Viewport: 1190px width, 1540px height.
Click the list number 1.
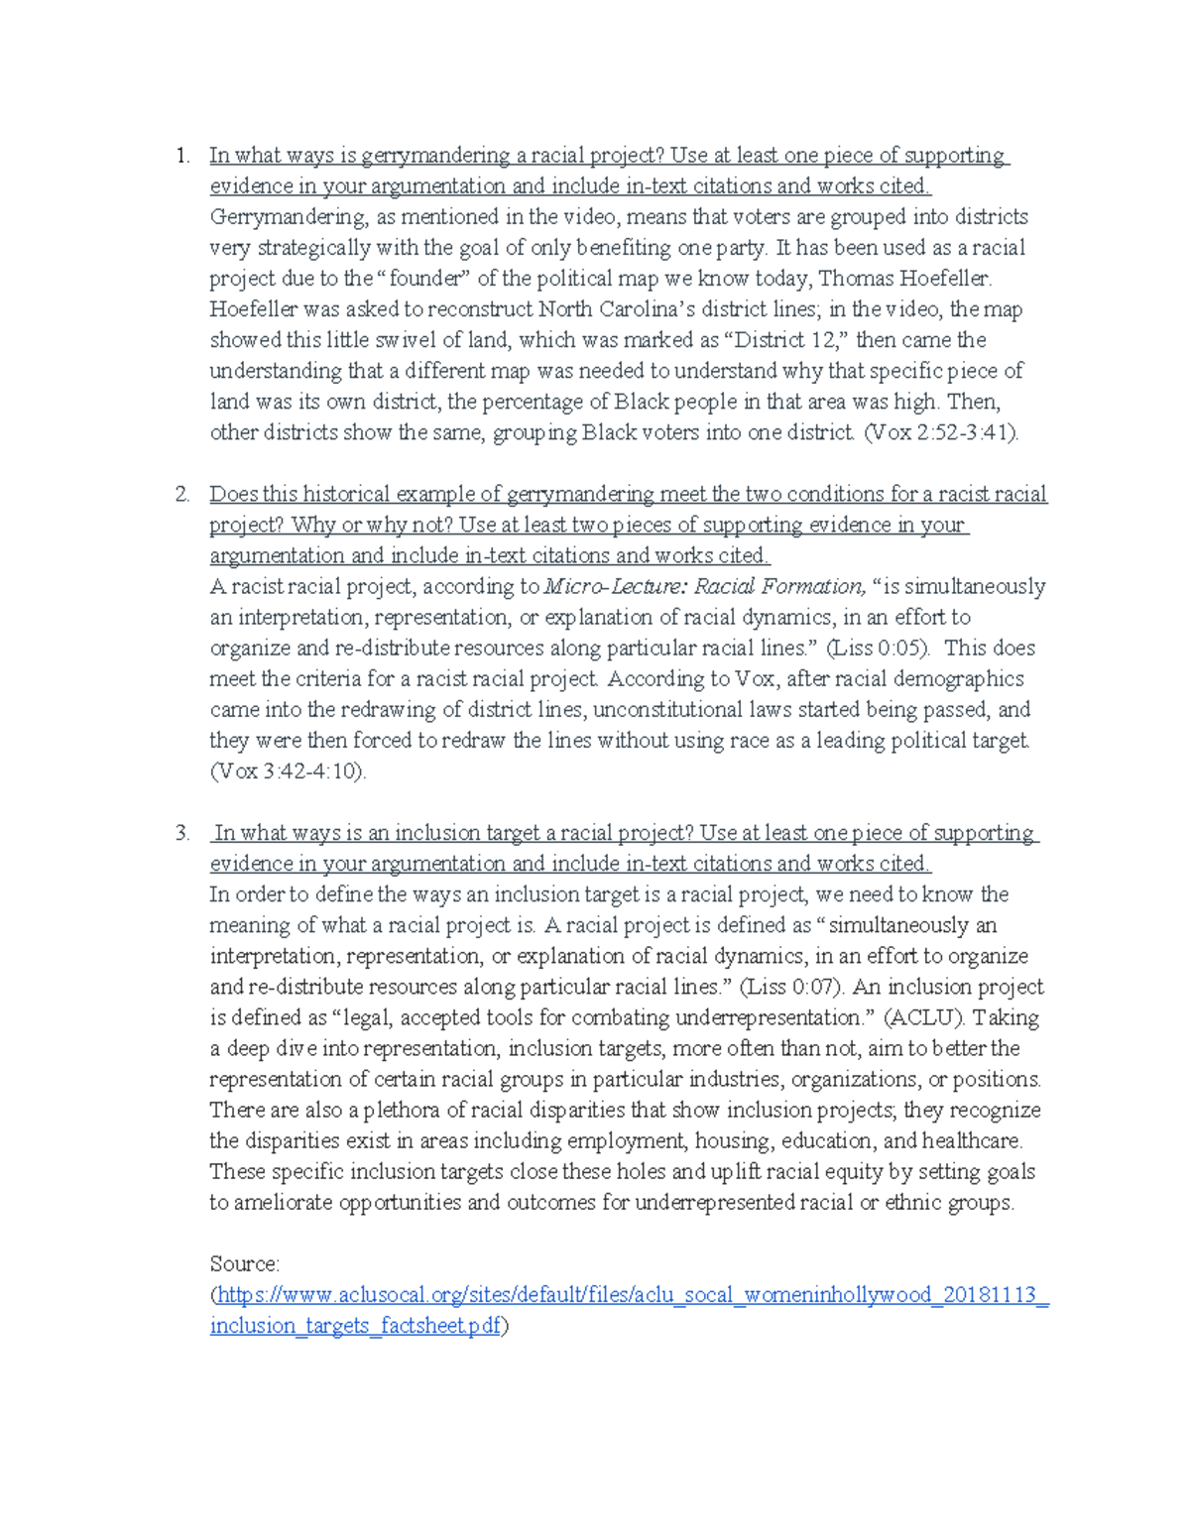[x=180, y=156]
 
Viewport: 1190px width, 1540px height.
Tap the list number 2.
[x=181, y=495]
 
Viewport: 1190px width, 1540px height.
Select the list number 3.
[x=181, y=834]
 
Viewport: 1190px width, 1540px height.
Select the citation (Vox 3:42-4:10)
[x=288, y=771]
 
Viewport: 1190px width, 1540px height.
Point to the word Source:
[x=245, y=1264]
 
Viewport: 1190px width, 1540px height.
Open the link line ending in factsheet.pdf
[x=356, y=1327]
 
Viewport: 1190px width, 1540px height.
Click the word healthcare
[x=971, y=1141]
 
